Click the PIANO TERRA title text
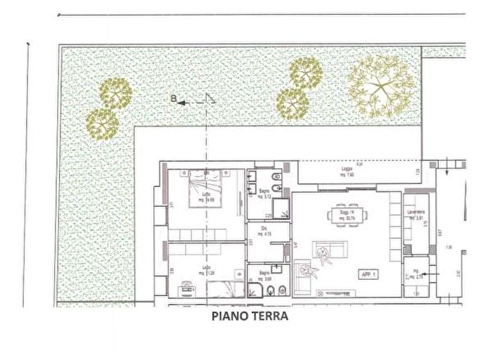(x=250, y=316)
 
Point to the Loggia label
(x=344, y=172)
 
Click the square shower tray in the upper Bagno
(x=281, y=209)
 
